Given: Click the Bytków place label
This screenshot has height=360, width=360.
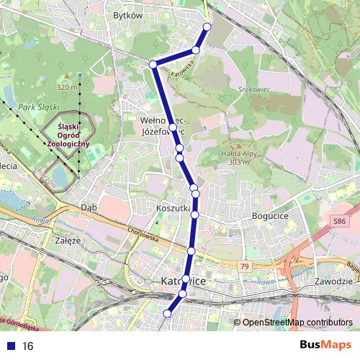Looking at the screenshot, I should click(129, 14).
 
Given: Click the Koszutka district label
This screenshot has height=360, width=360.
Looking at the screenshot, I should click(173, 207).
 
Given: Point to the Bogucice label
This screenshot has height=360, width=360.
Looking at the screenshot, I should click(271, 215).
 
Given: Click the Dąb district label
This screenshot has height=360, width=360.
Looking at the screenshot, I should click(89, 207).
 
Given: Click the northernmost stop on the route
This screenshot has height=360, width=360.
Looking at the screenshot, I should click(207, 27).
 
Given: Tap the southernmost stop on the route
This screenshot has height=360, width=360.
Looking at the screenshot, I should click(168, 313).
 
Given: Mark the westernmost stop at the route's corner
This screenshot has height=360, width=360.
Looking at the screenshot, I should click(153, 65).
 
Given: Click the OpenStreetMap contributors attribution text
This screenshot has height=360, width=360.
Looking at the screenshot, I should click(297, 323).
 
